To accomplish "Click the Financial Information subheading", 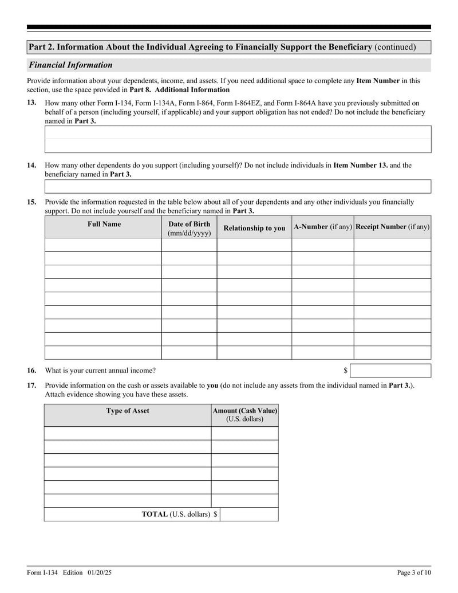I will point(71,65).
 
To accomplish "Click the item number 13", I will point(31,102).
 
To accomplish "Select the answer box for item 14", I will point(238,186).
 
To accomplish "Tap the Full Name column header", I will point(104,224).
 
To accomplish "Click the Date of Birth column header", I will point(189,228).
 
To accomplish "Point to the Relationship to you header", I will point(254,228).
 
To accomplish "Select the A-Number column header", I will point(322,227).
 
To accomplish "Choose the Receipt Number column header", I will point(392,227).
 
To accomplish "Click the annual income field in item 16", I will point(390,371).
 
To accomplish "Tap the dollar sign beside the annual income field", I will point(345,371).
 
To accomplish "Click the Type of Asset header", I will point(128,411).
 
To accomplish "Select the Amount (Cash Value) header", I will point(244,415).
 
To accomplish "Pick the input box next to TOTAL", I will point(249,515).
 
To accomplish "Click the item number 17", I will point(31,386).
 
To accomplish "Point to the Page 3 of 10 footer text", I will point(414,572).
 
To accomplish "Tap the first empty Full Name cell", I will point(103,245).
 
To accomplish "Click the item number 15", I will point(31,202).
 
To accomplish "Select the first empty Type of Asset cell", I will point(128,433).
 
